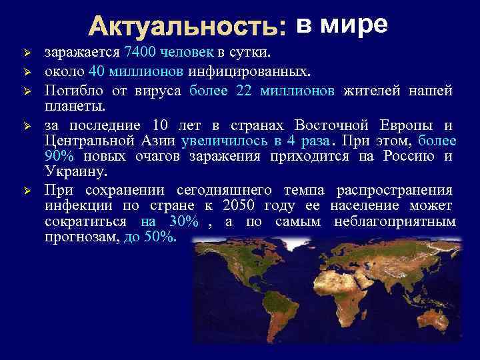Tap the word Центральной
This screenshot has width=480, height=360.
click(x=87, y=141)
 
